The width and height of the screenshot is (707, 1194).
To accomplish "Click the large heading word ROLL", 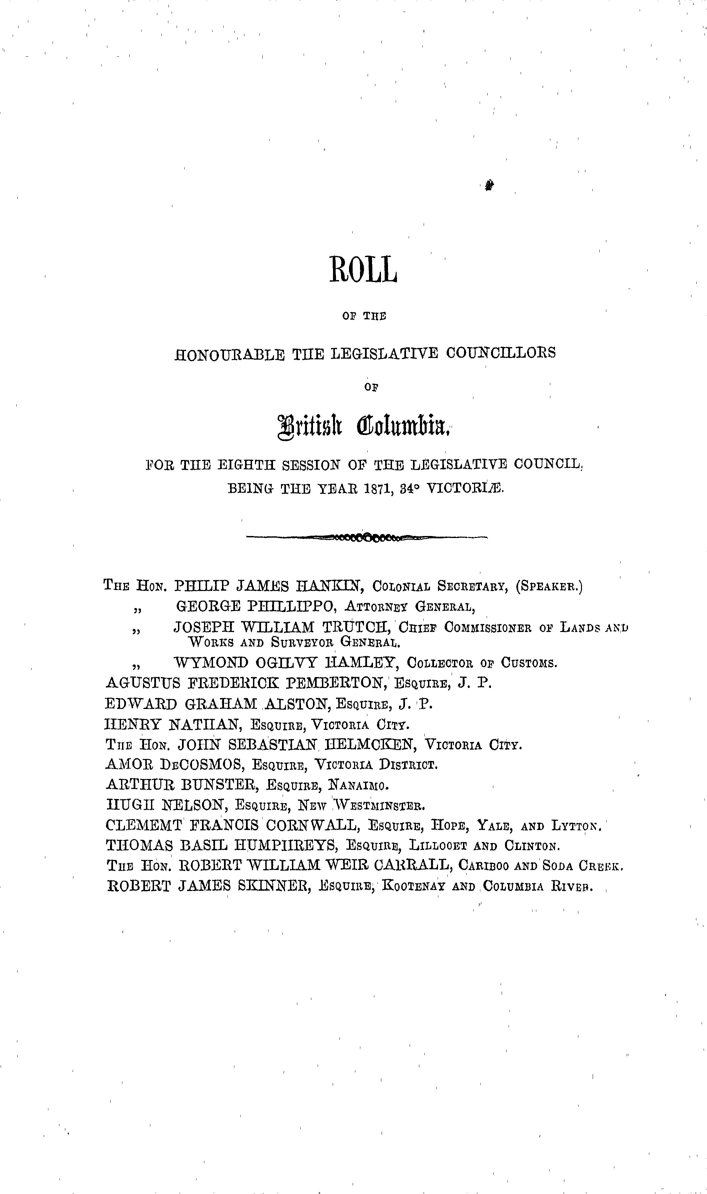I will (x=363, y=270).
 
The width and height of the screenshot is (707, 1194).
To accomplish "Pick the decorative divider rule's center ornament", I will (x=367, y=538).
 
